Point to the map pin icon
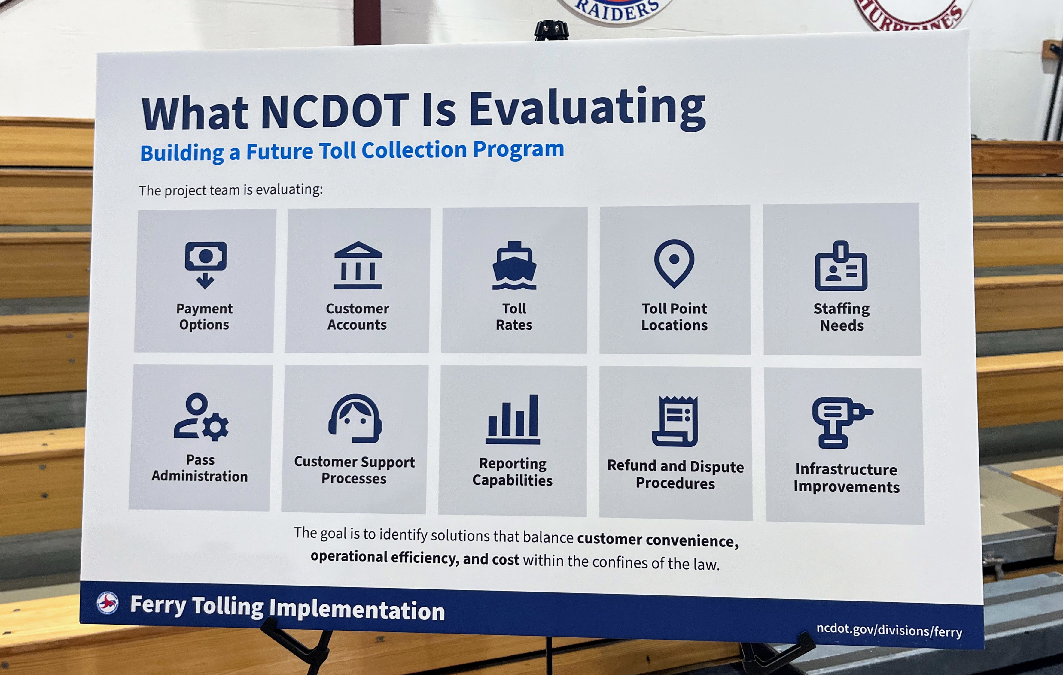(674, 263)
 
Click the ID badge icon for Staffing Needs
(841, 266)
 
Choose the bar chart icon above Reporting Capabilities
(513, 419)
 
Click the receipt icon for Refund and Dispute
(675, 421)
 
